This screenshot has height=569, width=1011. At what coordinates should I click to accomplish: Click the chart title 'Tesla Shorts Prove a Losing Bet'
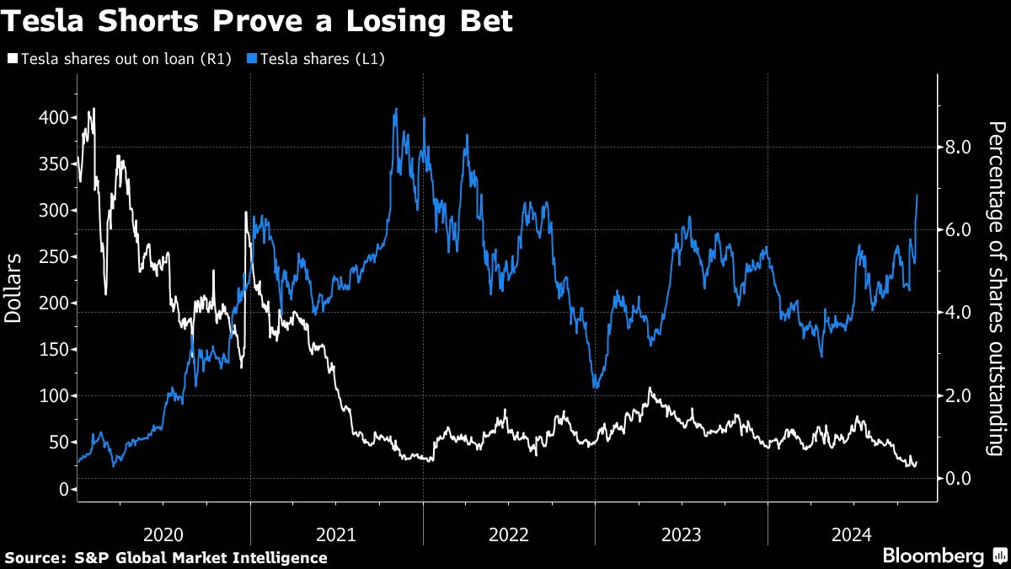point(257,21)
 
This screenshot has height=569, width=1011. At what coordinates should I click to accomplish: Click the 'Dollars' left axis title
point(14,287)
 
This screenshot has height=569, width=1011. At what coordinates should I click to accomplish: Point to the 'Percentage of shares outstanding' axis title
point(997,287)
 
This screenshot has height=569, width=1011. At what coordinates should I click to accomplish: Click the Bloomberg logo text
point(933,556)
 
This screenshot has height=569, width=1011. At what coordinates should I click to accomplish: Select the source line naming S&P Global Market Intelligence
point(166,557)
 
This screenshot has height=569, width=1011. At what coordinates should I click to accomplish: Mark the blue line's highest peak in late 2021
point(395,109)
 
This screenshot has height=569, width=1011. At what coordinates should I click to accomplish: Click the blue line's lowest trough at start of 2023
point(596,387)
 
